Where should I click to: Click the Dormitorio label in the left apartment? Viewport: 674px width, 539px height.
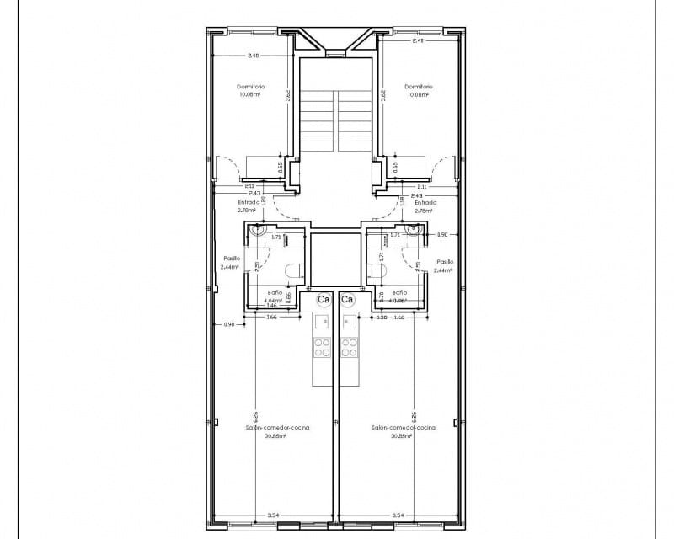(251, 87)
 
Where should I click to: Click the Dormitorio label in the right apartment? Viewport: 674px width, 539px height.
(418, 87)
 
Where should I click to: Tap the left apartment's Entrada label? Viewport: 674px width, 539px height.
(249, 202)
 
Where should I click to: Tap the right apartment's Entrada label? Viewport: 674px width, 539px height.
(425, 202)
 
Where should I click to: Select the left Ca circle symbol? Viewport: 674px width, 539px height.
(324, 299)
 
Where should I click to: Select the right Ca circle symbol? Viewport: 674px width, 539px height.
(347, 299)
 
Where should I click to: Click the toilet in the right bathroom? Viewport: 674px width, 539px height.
(376, 271)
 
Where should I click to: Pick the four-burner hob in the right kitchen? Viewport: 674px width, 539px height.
(349, 346)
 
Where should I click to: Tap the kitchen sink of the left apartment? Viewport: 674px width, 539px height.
(321, 322)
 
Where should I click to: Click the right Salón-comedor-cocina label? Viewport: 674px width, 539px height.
(404, 428)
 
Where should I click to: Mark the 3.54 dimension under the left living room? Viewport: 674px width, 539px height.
(273, 514)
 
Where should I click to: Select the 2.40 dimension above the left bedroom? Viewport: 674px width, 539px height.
(253, 56)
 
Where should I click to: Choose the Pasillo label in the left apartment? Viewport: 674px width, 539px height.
(232, 259)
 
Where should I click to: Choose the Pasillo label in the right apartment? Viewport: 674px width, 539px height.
(445, 262)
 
